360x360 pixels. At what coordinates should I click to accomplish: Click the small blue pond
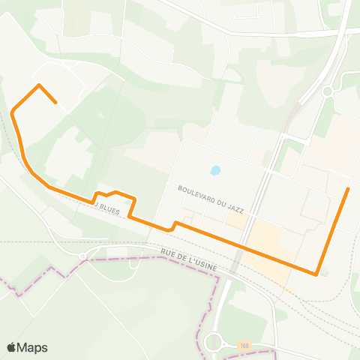pyautogui.click(x=216, y=170)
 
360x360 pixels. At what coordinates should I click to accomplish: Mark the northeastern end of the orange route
pyautogui.click(x=348, y=188)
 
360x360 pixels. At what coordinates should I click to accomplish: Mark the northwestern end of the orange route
pyautogui.click(x=56, y=102)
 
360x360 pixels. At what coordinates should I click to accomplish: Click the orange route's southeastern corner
pyautogui.click(x=317, y=274)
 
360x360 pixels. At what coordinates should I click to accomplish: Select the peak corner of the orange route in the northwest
pyautogui.click(x=39, y=85)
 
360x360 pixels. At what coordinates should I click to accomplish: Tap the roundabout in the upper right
pyautogui.click(x=327, y=91)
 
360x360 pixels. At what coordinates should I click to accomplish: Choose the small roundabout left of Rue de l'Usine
pyautogui.click(x=82, y=256)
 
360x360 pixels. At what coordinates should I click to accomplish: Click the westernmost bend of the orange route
pyautogui.click(x=13, y=112)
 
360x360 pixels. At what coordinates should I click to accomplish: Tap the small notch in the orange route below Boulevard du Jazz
pyautogui.click(x=174, y=223)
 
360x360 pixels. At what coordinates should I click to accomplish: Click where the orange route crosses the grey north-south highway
pyautogui.click(x=244, y=247)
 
